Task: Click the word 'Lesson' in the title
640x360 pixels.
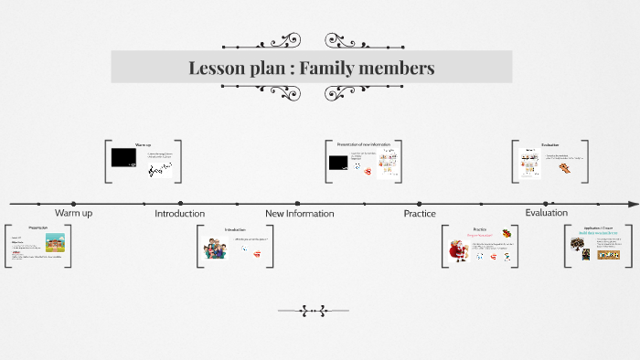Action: click(x=217, y=68)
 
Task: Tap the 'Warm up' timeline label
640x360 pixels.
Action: click(x=73, y=213)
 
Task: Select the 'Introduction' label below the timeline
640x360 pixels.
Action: click(x=179, y=213)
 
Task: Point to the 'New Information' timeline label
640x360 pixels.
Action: click(x=299, y=213)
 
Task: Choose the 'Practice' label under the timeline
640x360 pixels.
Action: click(x=420, y=213)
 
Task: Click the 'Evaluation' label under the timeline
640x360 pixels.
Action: click(x=546, y=212)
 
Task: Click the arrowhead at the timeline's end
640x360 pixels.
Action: click(x=634, y=203)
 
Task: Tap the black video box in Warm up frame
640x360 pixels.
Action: click(x=123, y=157)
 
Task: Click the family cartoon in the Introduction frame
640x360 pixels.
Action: click(x=217, y=249)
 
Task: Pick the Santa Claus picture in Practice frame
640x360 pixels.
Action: click(x=458, y=248)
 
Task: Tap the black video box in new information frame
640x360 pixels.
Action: click(x=337, y=163)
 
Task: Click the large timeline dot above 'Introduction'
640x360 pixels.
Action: click(x=180, y=203)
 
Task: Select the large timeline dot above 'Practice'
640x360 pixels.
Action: click(x=420, y=203)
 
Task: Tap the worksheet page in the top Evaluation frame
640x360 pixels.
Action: click(x=528, y=163)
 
